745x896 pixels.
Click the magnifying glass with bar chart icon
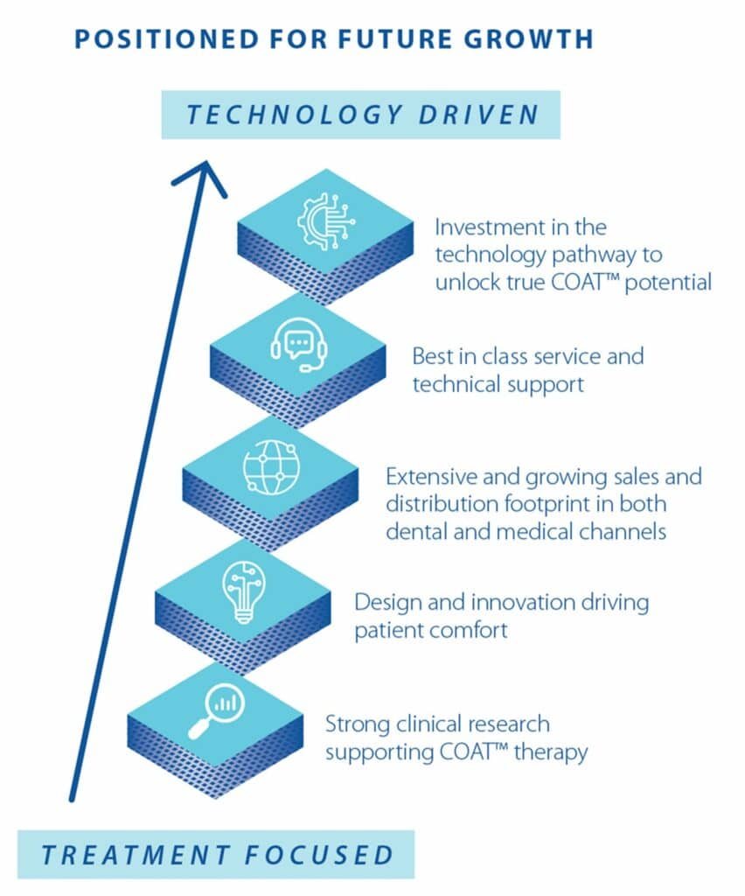coord(216,711)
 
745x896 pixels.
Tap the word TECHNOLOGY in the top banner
coord(294,115)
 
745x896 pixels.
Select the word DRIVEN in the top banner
coord(478,115)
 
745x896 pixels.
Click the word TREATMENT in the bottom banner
coord(136,855)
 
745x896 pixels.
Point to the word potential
coord(668,283)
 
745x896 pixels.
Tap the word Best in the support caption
coord(434,356)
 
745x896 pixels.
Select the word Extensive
coord(432,476)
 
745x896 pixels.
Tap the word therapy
coord(551,752)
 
